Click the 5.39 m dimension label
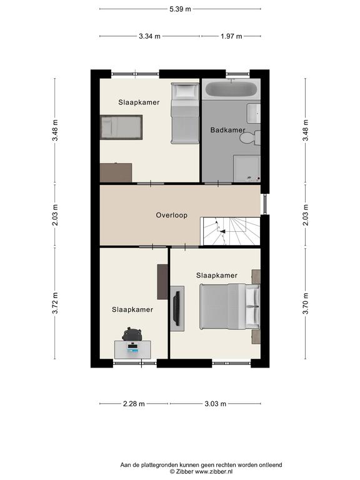180,9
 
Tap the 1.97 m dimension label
231,36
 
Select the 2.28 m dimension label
134,404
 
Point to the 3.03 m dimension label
216,404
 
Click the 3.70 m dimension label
306,303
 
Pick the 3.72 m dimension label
55,303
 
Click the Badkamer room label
227,130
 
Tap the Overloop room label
171,215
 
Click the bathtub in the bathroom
231,89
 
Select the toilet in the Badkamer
251,138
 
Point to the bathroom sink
254,113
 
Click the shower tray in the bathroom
247,169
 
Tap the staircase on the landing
230,231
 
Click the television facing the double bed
177,308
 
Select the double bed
229,307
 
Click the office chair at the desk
132,334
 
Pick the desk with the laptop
132,349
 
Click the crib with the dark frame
121,127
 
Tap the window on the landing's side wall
265,204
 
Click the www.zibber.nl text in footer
214,471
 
